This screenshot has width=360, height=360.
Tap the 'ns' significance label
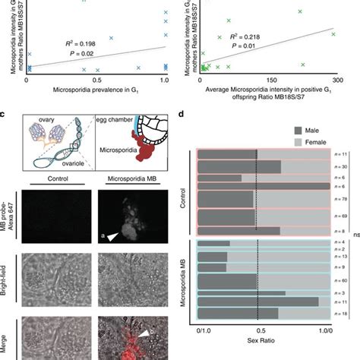pyautogui.click(x=354, y=235)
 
